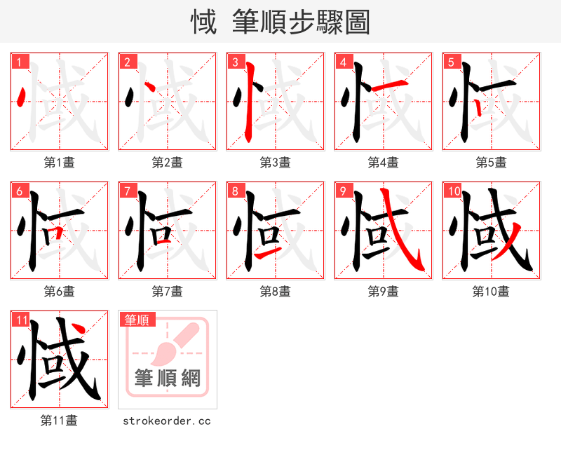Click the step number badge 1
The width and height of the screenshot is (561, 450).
[x=18, y=62]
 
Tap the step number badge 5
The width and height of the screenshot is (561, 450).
[x=450, y=62]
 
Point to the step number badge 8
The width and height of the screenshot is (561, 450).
[x=234, y=191]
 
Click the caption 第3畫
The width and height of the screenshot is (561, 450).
[x=275, y=163]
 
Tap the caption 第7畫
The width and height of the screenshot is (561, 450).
[x=167, y=292]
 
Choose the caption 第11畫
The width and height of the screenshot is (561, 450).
[x=59, y=421]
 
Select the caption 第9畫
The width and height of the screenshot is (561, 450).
[x=383, y=292]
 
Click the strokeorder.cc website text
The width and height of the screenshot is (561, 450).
[x=167, y=421]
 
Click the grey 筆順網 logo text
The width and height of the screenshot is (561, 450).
[x=167, y=379]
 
